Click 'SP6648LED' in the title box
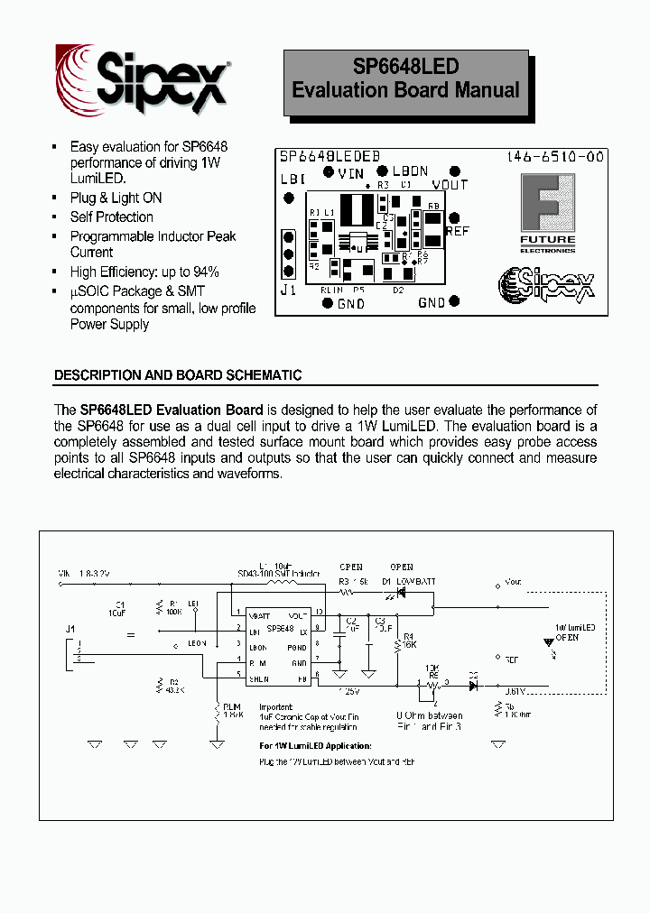(405, 67)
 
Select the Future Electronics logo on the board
(546, 213)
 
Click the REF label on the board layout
(458, 231)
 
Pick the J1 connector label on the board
(288, 290)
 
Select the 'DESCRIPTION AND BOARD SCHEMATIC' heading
(178, 374)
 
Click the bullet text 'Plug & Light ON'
(116, 198)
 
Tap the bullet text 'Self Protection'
(112, 217)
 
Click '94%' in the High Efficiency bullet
(205, 272)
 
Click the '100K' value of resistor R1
(174, 611)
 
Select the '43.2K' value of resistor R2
(175, 689)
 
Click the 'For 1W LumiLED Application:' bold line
(315, 746)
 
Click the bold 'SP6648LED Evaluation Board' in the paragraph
(172, 410)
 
